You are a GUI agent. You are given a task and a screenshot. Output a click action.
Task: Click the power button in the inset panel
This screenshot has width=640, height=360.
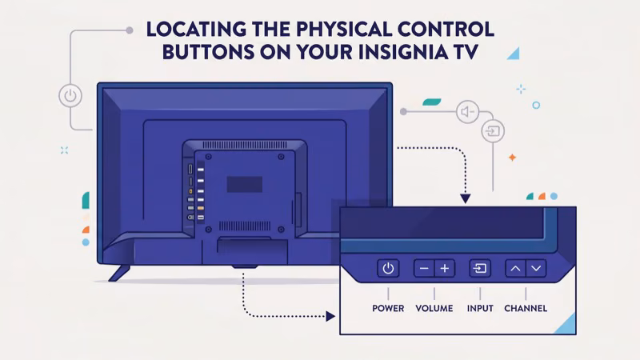(x=388, y=269)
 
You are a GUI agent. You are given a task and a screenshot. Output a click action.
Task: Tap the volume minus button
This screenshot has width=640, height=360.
(x=424, y=269)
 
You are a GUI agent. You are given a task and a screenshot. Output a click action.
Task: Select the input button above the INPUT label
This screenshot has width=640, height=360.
(x=480, y=269)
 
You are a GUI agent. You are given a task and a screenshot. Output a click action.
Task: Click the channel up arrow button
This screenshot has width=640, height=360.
(x=516, y=269)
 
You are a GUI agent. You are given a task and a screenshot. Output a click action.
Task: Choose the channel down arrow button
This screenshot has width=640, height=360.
(x=536, y=269)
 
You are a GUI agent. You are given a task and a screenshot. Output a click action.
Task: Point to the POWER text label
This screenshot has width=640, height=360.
(x=388, y=308)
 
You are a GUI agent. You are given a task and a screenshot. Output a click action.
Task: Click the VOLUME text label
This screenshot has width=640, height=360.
(x=434, y=308)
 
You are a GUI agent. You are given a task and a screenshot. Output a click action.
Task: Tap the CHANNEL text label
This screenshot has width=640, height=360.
(x=526, y=308)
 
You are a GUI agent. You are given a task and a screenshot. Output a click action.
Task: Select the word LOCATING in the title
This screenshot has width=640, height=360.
(x=197, y=30)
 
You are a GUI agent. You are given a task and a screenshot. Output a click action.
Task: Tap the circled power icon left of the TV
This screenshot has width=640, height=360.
(x=70, y=96)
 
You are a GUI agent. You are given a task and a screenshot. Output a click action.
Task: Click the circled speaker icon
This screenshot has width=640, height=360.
(x=466, y=111)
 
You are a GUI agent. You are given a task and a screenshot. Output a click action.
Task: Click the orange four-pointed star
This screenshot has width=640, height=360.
(x=512, y=158)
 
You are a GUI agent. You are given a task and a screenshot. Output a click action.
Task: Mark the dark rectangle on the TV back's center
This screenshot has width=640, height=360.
(x=244, y=184)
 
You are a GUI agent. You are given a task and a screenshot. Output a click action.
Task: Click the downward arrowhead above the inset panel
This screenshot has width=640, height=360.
(x=466, y=198)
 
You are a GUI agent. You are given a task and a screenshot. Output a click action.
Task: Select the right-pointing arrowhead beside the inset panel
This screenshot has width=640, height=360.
(x=330, y=316)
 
